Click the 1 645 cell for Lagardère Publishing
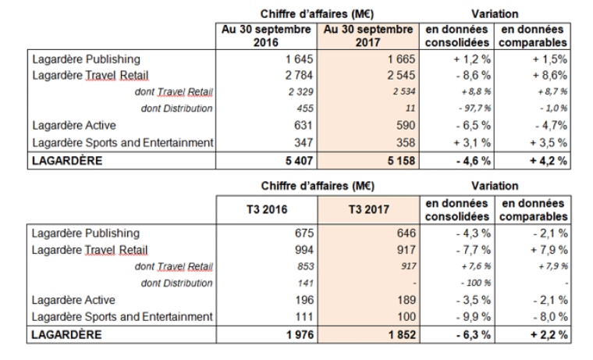300,59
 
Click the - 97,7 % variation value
470,108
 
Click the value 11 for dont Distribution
410,108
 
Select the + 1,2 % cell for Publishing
470,59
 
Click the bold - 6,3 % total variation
470,335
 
